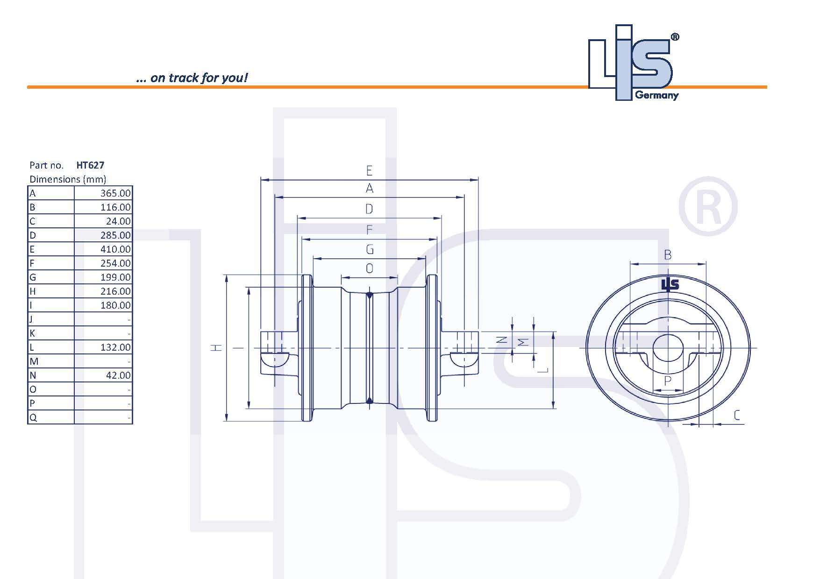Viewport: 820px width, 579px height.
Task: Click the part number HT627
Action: coord(90,165)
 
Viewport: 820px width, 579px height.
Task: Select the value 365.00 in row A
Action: coord(115,193)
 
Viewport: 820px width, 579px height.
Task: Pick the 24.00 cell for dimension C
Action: coord(118,221)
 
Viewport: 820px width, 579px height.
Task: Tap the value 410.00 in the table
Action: coord(115,249)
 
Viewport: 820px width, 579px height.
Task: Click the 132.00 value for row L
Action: coord(115,347)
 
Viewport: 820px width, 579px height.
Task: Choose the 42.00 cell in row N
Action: coord(118,375)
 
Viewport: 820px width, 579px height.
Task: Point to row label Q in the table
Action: coord(33,417)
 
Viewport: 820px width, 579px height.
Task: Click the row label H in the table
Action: coord(33,291)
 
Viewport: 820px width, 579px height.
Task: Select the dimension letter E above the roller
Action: coord(370,170)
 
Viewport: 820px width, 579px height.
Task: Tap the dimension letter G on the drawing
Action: coord(370,250)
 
